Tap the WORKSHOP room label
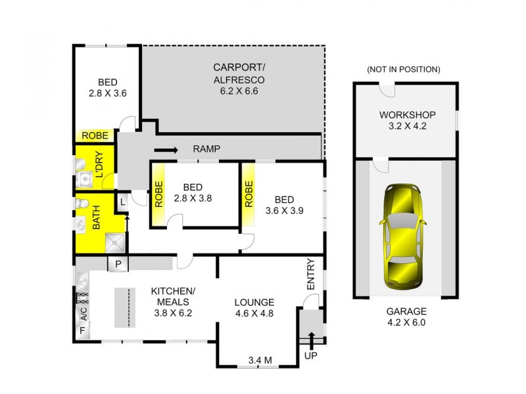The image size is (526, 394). (403, 120)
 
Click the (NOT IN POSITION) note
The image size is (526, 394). (403, 70)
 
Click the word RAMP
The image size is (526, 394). (206, 149)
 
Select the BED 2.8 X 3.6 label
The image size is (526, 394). (107, 87)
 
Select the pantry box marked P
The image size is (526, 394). (118, 264)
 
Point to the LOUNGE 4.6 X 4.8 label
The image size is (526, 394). (254, 307)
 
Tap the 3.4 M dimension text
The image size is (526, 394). (259, 360)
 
